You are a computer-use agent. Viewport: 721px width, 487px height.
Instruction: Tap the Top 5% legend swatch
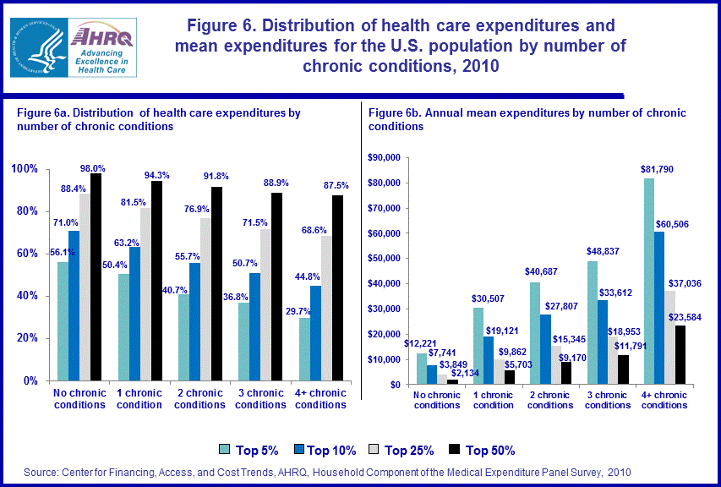tap(226, 450)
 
